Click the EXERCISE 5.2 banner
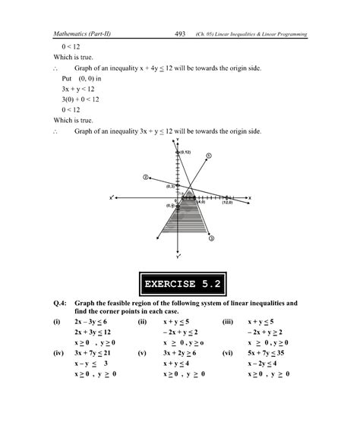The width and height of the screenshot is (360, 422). pyautogui.click(x=180, y=285)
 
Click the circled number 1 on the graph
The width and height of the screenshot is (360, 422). pyautogui.click(x=209, y=156)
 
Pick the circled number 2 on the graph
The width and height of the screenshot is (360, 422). pyautogui.click(x=144, y=176)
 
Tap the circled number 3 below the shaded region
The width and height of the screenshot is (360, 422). pyautogui.click(x=211, y=238)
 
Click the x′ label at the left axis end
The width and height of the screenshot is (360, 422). pyautogui.click(x=111, y=198)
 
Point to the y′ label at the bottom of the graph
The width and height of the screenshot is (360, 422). pyautogui.click(x=177, y=256)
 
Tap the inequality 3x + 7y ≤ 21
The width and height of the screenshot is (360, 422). pyautogui.click(x=94, y=353)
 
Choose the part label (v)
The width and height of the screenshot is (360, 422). pyautogui.click(x=142, y=353)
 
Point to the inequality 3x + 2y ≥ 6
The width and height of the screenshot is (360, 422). pyautogui.click(x=181, y=353)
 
